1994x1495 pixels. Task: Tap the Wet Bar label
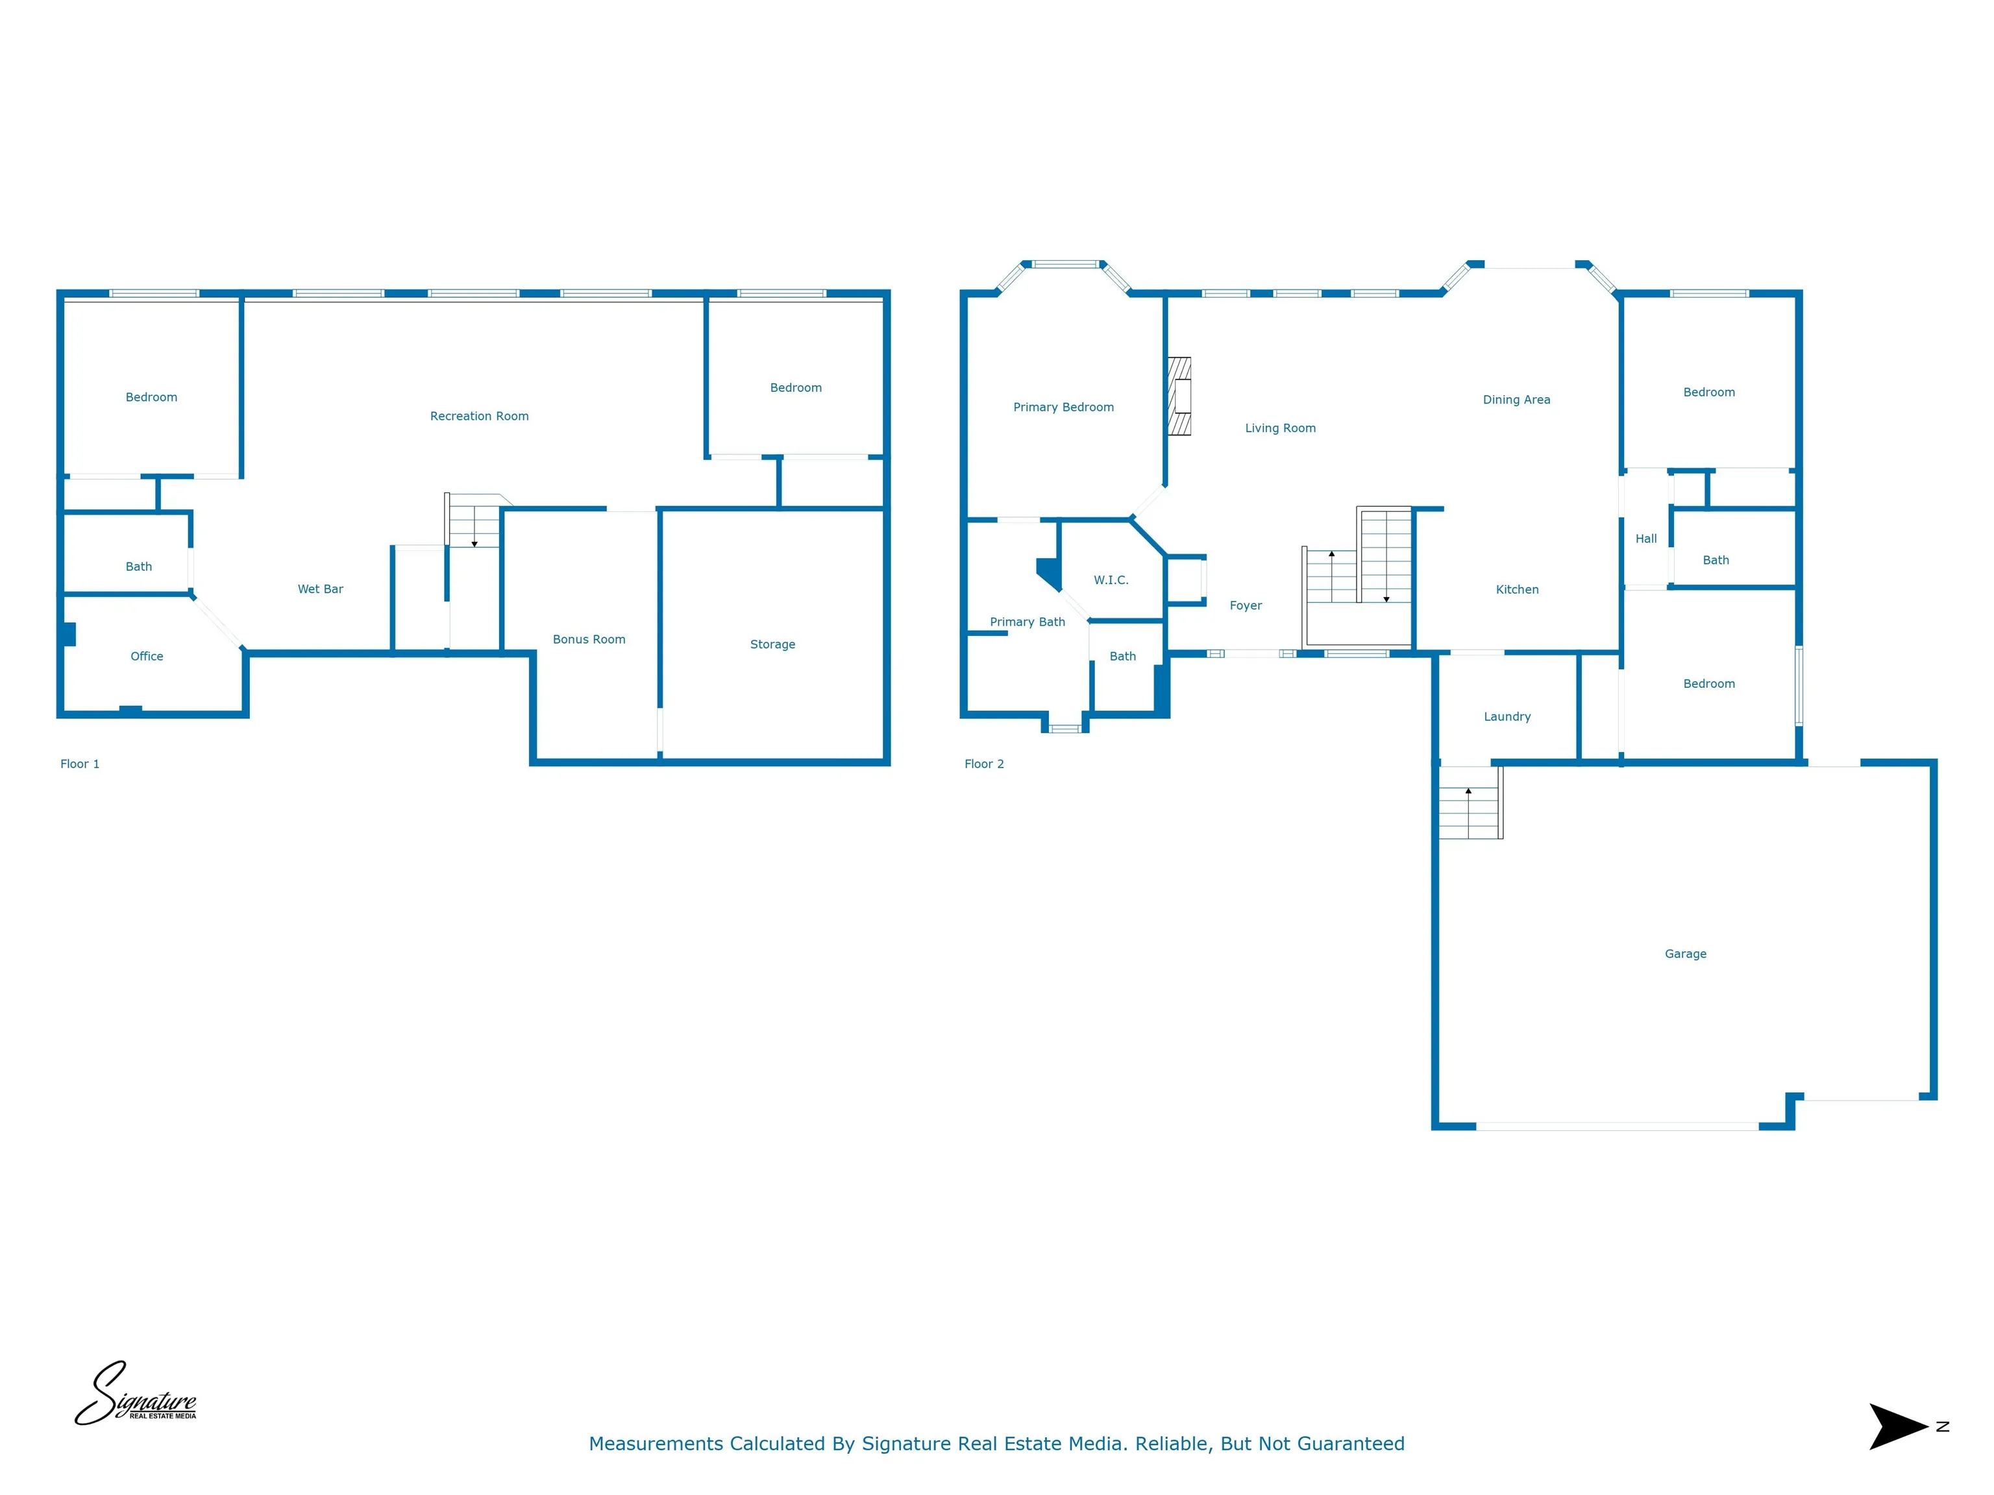pyautogui.click(x=320, y=589)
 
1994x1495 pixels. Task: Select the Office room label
pyautogui.click(x=147, y=656)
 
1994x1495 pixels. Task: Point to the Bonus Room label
pyautogui.click(x=589, y=640)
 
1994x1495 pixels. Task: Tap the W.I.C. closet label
pyautogui.click(x=1111, y=580)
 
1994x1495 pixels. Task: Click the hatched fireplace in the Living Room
pyautogui.click(x=1179, y=396)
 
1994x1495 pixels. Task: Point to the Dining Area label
pyautogui.click(x=1516, y=400)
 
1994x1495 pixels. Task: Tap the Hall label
pyautogui.click(x=1646, y=539)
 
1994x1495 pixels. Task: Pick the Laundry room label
pyautogui.click(x=1507, y=717)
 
